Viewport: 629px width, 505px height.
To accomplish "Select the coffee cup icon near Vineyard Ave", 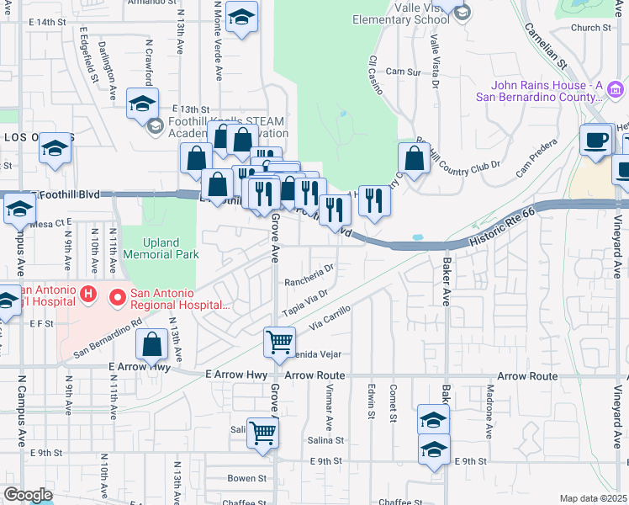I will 597,139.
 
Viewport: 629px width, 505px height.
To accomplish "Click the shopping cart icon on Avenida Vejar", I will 279,341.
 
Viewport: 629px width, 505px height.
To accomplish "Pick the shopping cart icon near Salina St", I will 263,433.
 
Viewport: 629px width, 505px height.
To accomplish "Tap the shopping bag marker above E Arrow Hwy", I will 152,344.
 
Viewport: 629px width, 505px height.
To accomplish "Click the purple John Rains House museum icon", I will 616,89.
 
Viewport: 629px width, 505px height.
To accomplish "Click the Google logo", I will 28,495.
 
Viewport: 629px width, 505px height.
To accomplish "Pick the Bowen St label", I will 246,478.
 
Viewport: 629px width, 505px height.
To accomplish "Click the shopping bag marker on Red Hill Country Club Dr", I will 415,157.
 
